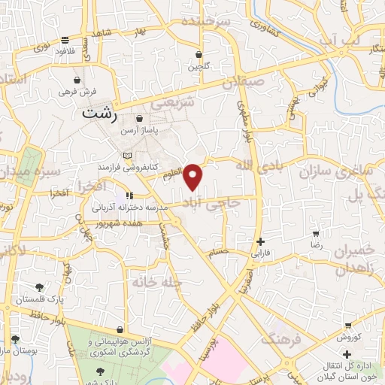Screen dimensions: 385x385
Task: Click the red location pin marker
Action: [x=194, y=177]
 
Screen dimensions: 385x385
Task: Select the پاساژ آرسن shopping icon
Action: [x=139, y=119]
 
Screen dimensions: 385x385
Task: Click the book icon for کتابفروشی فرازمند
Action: [x=127, y=155]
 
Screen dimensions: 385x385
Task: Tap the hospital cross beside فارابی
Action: [x=260, y=242]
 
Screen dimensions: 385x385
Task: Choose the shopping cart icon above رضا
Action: [x=317, y=234]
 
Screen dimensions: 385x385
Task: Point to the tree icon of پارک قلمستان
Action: [x=39, y=286]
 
